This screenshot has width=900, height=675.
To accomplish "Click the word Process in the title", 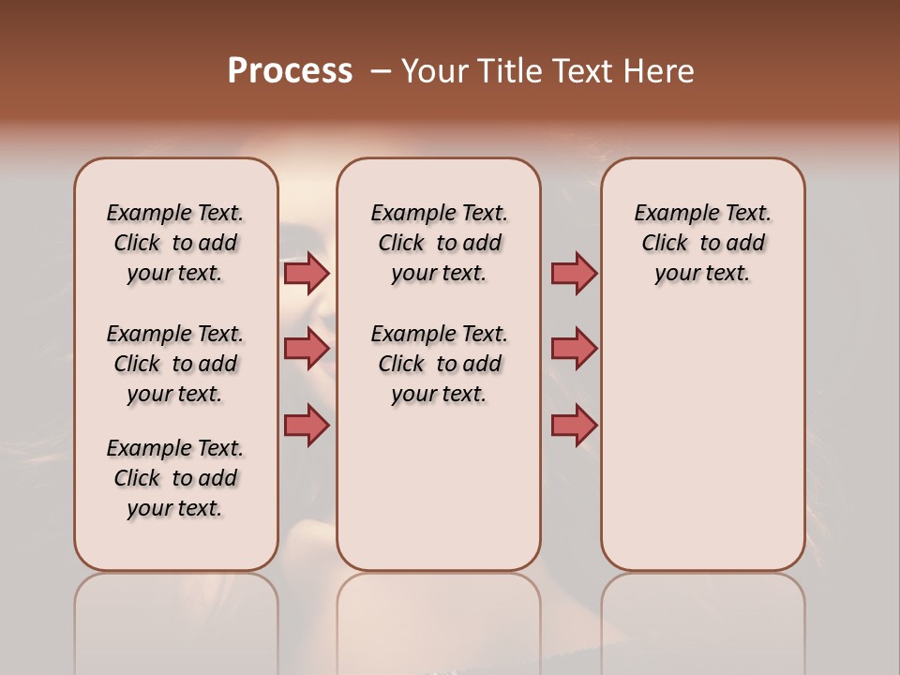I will (290, 71).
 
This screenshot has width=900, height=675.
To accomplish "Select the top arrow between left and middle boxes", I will (307, 273).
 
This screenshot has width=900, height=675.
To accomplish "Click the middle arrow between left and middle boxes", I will (307, 349).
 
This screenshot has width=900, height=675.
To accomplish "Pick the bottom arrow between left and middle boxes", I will (307, 425).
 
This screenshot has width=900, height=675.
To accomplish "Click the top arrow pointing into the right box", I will (574, 273).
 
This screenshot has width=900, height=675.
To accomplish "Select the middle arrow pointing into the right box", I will (574, 349).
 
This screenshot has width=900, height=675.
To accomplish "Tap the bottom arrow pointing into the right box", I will (574, 425).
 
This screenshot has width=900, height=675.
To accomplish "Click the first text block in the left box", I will (175, 243).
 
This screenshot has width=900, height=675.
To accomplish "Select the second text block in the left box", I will (175, 364).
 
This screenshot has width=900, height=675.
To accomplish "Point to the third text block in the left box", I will (175, 478).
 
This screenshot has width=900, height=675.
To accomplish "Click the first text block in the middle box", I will (439, 243).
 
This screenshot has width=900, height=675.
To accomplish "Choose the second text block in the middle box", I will (439, 364).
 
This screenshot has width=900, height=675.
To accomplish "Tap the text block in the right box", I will (702, 243).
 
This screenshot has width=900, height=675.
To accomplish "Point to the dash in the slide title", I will (381, 71).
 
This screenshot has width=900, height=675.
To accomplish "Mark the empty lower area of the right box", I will (702, 441).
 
